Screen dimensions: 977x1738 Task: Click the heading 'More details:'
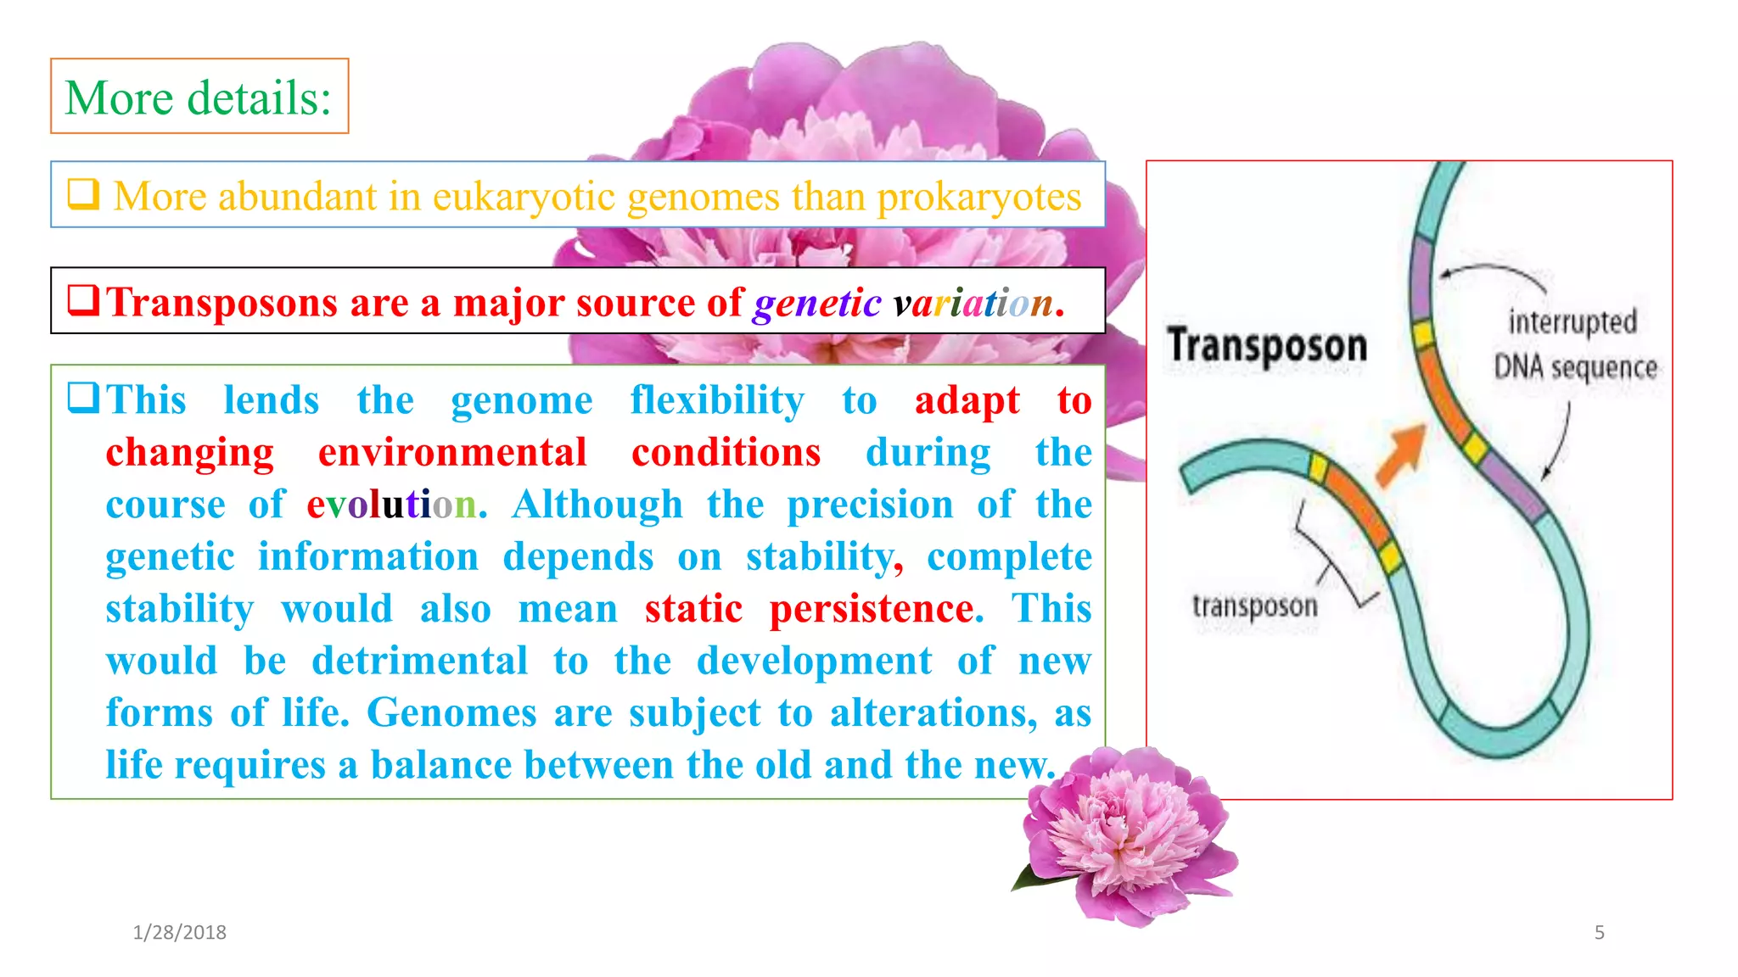[x=199, y=98]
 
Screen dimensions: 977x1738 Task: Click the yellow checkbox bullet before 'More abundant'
[x=83, y=194]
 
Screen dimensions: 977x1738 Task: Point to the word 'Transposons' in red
[x=222, y=303]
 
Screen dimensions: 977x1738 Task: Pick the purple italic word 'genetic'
[x=816, y=303]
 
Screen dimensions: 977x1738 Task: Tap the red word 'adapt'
[x=967, y=400]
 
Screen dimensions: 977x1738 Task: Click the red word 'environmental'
[x=452, y=452]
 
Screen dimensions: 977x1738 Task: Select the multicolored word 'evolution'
[x=391, y=505]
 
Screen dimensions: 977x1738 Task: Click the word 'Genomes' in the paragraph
[x=451, y=712]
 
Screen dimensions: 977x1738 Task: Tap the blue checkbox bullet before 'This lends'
[x=83, y=397]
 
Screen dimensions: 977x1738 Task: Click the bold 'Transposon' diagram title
[x=1267, y=346]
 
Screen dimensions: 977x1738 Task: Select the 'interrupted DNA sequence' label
[x=1574, y=345]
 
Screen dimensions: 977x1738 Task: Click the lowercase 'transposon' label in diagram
[x=1254, y=606]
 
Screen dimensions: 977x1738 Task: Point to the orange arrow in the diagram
[x=1400, y=454]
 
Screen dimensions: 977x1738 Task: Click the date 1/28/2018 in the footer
[x=180, y=932]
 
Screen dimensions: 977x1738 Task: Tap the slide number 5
[x=1599, y=932]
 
